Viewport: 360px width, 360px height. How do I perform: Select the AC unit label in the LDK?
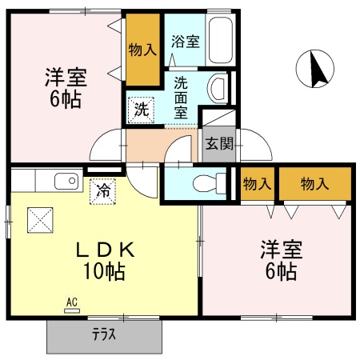70,302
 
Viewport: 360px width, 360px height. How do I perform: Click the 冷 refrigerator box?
103,190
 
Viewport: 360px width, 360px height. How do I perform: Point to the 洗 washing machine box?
141,109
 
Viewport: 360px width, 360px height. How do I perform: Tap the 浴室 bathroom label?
186,42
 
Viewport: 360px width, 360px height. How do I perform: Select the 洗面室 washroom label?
182,95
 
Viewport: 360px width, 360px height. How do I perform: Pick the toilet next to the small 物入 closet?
209,183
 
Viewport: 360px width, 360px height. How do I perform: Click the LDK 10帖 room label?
105,261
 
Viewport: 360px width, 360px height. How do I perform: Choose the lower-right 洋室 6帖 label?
278,261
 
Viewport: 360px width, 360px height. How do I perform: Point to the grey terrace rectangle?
104,334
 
